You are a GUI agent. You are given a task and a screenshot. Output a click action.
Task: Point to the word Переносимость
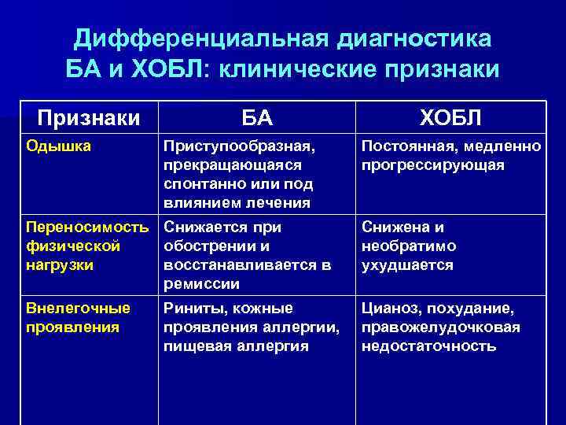coord(87,227)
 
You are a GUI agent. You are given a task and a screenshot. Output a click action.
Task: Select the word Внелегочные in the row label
coord(78,308)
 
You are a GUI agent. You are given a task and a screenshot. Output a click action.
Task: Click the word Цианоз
coord(388,308)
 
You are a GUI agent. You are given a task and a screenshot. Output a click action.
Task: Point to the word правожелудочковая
coord(440,327)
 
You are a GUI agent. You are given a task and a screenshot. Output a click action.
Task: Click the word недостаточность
coord(428,346)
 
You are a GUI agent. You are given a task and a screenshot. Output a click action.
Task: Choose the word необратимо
coord(408,246)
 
